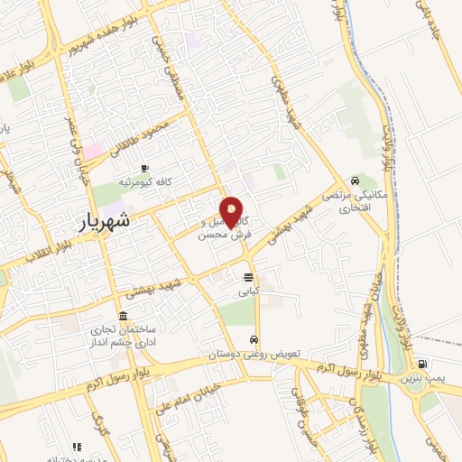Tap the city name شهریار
tap(100, 219)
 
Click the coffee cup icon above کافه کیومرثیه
tap(144, 168)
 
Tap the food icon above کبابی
tap(248, 277)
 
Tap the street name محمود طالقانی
tap(137, 135)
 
